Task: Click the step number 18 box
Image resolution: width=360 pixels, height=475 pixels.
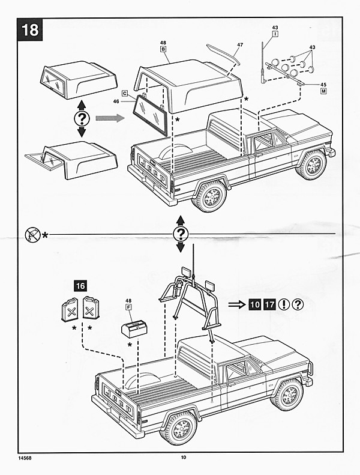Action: click(29, 29)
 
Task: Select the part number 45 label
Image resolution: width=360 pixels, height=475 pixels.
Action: click(323, 85)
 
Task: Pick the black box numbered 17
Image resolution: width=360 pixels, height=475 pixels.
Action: click(269, 304)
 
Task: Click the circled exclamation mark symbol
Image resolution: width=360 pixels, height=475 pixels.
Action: click(284, 304)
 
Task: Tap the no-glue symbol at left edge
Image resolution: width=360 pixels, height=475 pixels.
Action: click(32, 234)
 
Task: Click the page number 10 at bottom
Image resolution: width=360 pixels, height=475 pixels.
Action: click(183, 458)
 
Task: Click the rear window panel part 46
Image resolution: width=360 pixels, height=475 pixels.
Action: click(151, 114)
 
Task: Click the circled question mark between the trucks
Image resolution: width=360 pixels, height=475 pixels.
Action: click(181, 234)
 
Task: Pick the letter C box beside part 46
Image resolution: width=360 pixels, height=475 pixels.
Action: click(124, 93)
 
